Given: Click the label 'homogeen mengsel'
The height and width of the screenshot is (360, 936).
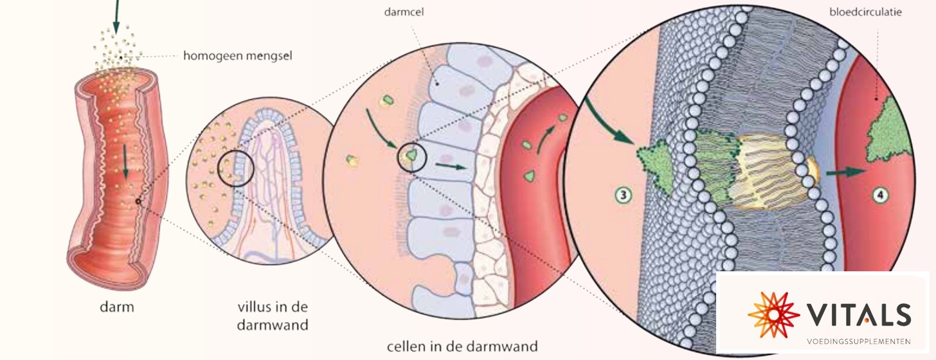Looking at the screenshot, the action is [237, 56].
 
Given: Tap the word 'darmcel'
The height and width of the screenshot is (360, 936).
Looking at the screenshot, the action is [404, 12].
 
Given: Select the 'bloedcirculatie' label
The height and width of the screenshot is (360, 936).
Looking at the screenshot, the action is [865, 12].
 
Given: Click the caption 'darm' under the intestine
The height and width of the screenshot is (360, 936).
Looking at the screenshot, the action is [117, 307].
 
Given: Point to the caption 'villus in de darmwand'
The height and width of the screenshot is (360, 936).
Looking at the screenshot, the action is [273, 316].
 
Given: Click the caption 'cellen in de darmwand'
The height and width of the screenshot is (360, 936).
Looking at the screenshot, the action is [462, 346].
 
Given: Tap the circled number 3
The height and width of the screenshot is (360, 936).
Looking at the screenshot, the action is [624, 195].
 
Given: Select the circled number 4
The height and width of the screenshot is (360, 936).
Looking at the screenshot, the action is [881, 195].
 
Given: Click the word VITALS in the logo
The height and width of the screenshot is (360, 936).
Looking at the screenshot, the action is [859, 314].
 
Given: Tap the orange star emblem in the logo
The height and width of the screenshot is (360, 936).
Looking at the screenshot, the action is [774, 314].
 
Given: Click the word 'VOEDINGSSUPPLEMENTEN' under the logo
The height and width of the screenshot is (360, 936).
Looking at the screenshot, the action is [859, 341].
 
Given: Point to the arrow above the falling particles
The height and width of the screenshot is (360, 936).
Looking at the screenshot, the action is [116, 17].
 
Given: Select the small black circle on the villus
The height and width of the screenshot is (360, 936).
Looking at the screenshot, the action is [236, 168].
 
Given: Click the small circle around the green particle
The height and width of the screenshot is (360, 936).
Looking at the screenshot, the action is [411, 157].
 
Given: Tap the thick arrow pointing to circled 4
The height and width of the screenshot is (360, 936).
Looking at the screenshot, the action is [845, 172].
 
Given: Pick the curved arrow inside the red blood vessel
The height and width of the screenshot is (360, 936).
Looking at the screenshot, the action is [546, 139].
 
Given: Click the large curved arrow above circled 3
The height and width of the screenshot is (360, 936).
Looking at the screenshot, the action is [609, 122].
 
